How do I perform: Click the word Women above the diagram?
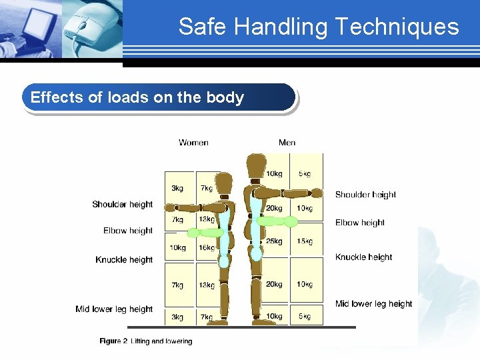(x=193, y=143)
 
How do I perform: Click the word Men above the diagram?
(x=287, y=143)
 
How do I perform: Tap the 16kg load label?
(x=207, y=248)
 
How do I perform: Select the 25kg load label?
(x=274, y=241)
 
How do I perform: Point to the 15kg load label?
(x=305, y=241)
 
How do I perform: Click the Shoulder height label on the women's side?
(x=123, y=205)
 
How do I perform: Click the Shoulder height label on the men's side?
(x=365, y=195)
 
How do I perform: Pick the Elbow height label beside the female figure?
(x=128, y=231)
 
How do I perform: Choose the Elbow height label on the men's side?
(x=360, y=223)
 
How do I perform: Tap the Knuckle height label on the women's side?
(x=124, y=260)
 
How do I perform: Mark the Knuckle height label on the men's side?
(x=364, y=257)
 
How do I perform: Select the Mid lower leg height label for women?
(x=114, y=309)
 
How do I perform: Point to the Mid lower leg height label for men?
(x=374, y=304)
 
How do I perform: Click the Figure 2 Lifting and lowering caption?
(x=146, y=341)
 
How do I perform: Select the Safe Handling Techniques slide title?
(x=319, y=27)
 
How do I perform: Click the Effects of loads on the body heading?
(x=137, y=97)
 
